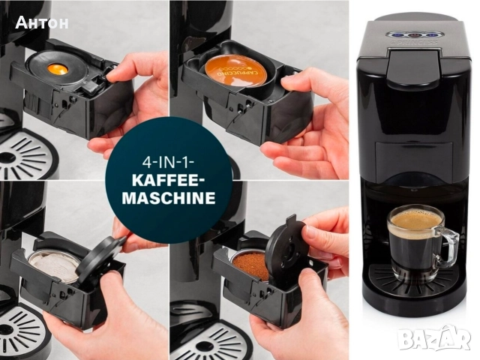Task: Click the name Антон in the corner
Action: pos(42,22)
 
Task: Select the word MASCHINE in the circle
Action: pos(169,198)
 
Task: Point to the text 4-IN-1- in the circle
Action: pos(168,162)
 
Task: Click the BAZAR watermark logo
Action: pos(436,338)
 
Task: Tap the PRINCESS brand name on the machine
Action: pos(414,43)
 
